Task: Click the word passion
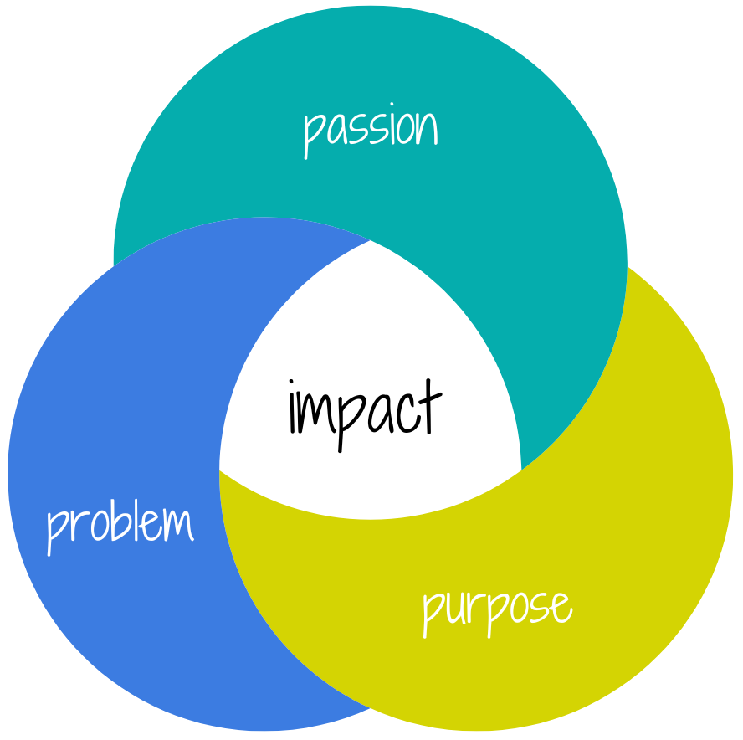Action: coord(370,130)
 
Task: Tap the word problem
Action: coord(120,525)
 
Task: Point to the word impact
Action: coord(364,408)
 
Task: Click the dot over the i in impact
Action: coord(293,386)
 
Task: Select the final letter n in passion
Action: coord(427,131)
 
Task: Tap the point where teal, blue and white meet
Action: coord(370,240)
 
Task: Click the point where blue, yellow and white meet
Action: coord(220,470)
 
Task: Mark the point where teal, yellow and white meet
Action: coord(521,470)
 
